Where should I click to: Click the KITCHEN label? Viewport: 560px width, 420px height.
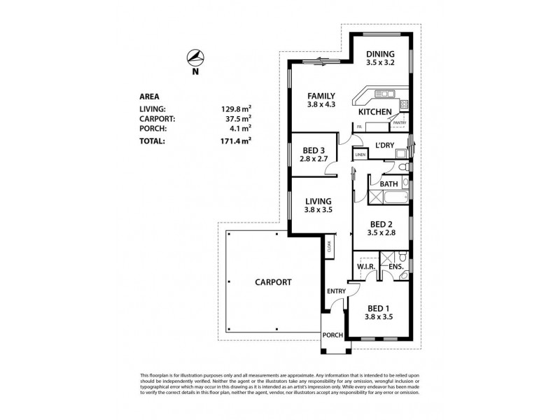pos(374,112)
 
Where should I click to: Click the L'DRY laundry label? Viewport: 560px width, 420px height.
pos(386,145)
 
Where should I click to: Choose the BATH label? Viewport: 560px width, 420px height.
pos(388,184)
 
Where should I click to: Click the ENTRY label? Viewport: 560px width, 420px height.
pos(336,291)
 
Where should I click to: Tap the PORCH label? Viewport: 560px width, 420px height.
pos(332,335)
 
